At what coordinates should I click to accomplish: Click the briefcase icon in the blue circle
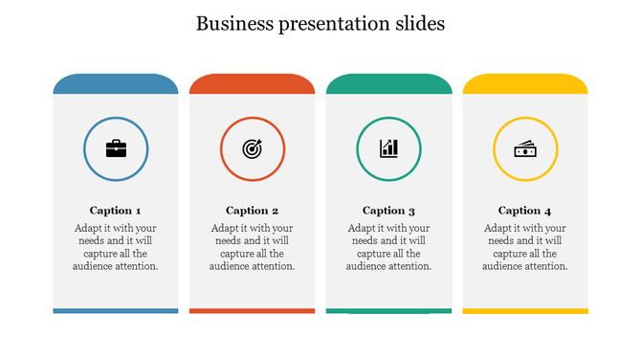pos(116,148)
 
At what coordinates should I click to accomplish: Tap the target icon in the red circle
pos(253,148)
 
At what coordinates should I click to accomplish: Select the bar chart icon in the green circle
pos(388,148)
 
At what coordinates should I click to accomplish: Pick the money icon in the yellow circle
pos(525,148)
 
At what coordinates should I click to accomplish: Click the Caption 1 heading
pos(116,211)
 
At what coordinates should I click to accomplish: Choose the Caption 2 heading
pos(253,211)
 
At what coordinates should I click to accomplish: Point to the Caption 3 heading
pos(388,211)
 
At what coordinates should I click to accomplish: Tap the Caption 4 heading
pos(525,211)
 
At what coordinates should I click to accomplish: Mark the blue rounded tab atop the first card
pos(116,84)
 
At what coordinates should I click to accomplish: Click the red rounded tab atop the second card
pos(253,84)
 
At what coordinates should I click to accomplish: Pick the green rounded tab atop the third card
pos(388,84)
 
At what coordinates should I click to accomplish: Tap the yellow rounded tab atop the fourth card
pos(525,84)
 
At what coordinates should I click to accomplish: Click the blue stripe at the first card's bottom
pos(116,310)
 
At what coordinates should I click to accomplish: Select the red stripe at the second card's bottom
pos(253,310)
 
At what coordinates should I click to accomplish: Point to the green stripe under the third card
pos(388,310)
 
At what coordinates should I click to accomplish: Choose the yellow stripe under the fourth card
pos(525,310)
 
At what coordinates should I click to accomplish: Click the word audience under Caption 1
pos(93,266)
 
